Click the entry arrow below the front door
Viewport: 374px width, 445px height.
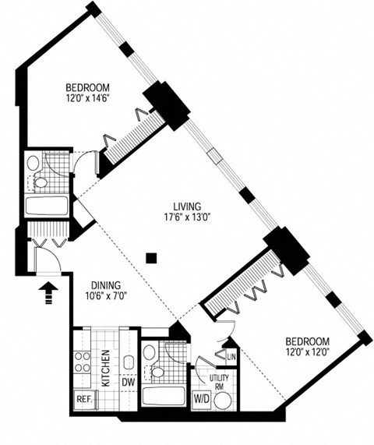coord(48,292)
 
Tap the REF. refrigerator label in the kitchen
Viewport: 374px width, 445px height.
coord(85,399)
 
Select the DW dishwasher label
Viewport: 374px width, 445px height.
coord(128,382)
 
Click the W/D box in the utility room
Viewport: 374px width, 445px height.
coord(201,400)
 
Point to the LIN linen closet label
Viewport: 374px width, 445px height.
coord(231,357)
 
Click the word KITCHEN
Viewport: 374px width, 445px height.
coord(105,368)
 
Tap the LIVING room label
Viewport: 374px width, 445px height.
coord(187,206)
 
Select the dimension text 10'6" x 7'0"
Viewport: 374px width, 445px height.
coord(105,296)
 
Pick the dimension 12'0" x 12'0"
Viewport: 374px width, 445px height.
coord(308,352)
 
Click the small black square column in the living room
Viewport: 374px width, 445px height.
coord(151,258)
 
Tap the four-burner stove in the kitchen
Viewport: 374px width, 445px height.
coord(82,362)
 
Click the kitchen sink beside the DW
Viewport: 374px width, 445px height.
coord(129,362)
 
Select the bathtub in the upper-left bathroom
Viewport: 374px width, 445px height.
coord(47,206)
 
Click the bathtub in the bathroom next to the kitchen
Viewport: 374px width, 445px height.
coord(164,396)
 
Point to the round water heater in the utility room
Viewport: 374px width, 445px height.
coord(223,401)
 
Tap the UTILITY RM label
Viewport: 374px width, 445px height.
coord(219,382)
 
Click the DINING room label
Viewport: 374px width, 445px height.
coord(106,285)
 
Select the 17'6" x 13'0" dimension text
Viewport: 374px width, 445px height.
coord(187,217)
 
